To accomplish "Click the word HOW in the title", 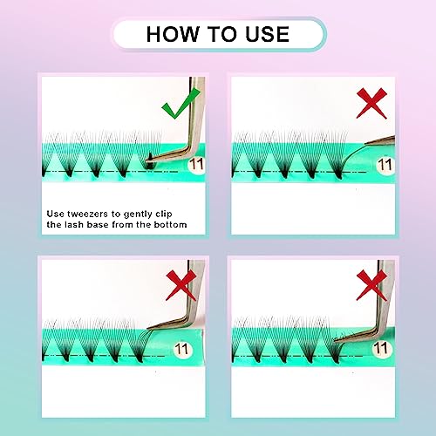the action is pyautogui.click(x=173, y=34).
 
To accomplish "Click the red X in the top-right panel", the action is pyautogui.click(x=371, y=104).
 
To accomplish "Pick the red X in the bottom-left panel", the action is pyautogui.click(x=181, y=285).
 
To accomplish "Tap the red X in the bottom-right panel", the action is pyautogui.click(x=371, y=285).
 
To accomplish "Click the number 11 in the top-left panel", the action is pyautogui.click(x=196, y=165).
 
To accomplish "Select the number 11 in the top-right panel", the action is pyautogui.click(x=385, y=165).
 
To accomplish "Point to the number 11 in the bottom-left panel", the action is pyautogui.click(x=181, y=349).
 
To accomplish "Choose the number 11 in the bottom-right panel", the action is pyautogui.click(x=381, y=348).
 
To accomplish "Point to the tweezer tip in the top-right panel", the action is pyautogui.click(x=364, y=145).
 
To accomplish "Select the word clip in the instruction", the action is pyautogui.click(x=164, y=215).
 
